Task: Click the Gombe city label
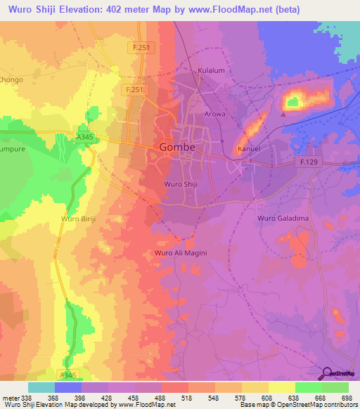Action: [177, 148]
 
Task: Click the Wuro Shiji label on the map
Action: [179, 184]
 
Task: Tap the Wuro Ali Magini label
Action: [180, 253]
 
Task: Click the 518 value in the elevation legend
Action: [186, 397]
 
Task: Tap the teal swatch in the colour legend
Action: [41, 387]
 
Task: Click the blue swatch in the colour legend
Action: [68, 387]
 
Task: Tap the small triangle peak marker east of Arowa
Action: [283, 111]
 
